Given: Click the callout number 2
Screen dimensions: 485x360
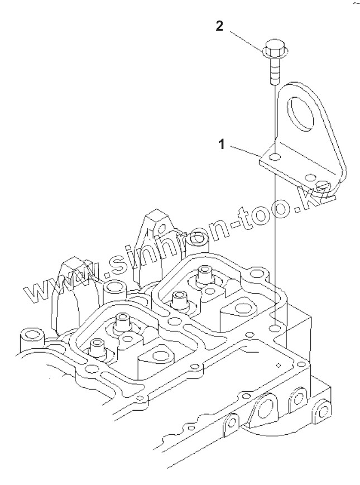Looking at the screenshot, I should (x=220, y=26).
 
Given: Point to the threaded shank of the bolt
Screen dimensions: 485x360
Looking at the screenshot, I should (x=273, y=71).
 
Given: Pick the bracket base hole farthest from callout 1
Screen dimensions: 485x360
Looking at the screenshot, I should (x=311, y=177).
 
